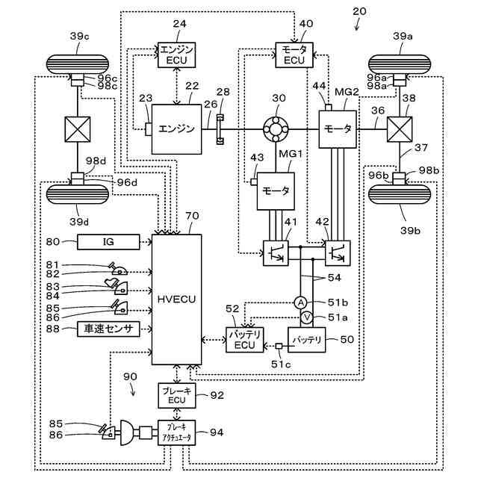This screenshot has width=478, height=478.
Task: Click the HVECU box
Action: point(177,298)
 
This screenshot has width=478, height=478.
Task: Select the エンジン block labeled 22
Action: point(177,128)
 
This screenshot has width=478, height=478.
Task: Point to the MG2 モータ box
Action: point(337,128)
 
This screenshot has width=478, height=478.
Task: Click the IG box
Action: point(108,240)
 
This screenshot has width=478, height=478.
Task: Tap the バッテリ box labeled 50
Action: point(307,340)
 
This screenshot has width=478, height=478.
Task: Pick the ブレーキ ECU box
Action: point(177,394)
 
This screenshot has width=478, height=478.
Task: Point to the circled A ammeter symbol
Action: point(299,302)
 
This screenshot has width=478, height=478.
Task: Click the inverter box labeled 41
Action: point(275,252)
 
